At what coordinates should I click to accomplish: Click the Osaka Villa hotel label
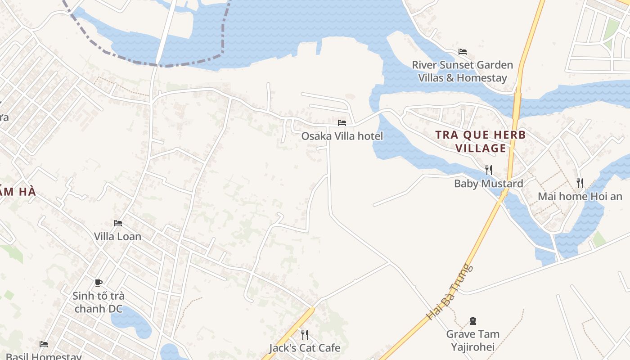(x=342, y=136)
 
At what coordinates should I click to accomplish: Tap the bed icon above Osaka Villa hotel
(x=342, y=122)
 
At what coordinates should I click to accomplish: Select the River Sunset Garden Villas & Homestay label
(x=463, y=71)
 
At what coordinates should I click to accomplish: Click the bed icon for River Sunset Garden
(x=463, y=52)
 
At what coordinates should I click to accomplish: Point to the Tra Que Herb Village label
(x=481, y=141)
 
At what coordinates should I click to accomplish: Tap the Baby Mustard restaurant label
(x=488, y=184)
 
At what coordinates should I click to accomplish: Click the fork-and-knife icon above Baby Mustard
(x=488, y=170)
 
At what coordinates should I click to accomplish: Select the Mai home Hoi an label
(x=580, y=196)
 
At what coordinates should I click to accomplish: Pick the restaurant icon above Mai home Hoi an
(x=580, y=183)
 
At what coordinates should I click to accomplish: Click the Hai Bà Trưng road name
(x=450, y=292)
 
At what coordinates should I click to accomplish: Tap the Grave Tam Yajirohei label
(x=472, y=340)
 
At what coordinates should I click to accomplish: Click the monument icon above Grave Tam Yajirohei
(x=472, y=321)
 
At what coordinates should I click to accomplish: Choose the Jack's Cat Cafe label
(x=305, y=348)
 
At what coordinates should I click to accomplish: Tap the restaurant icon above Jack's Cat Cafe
(x=305, y=334)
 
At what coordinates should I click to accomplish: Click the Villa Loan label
(x=117, y=236)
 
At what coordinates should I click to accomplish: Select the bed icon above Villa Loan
(x=118, y=223)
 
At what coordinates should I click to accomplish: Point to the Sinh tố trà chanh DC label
(x=99, y=302)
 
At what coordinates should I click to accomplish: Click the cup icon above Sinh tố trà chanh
(x=99, y=283)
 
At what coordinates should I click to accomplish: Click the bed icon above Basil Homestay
(x=44, y=344)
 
